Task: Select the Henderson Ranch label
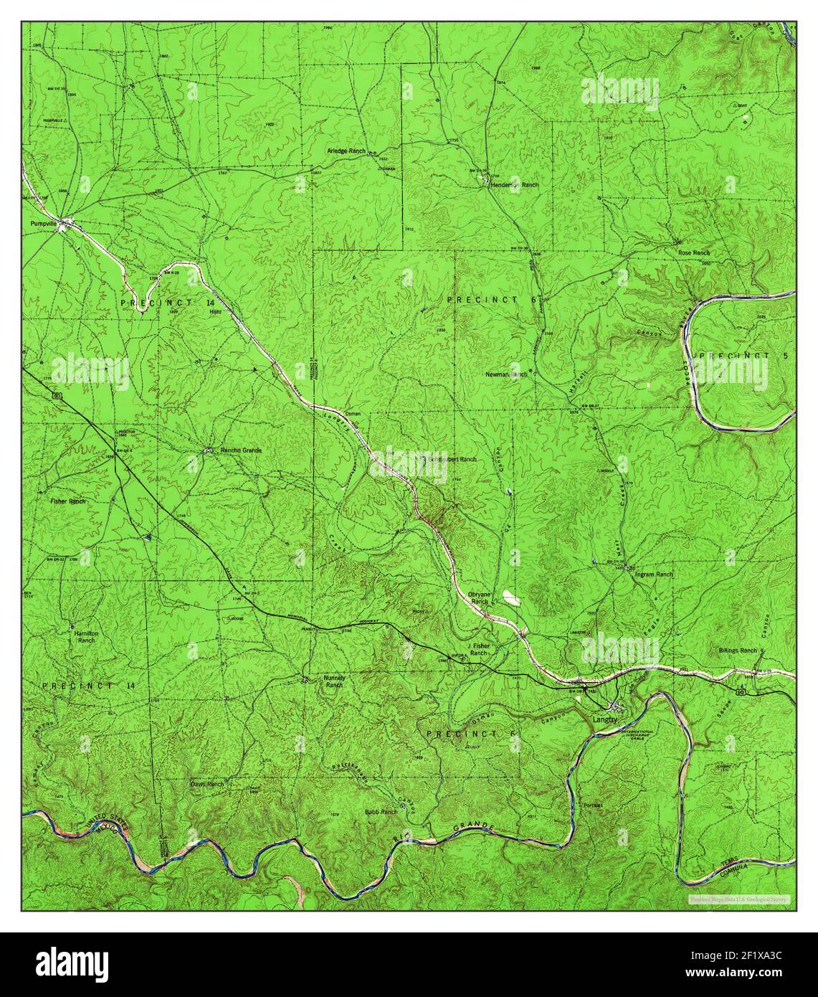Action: point(514,185)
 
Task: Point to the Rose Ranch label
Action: point(694,253)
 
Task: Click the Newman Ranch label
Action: point(506,374)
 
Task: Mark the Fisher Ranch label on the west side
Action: point(68,501)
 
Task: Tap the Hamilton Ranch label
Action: point(85,638)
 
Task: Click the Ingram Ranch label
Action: point(654,575)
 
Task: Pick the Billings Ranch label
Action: point(738,651)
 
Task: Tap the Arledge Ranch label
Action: point(346,151)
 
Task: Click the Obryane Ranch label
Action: point(478,598)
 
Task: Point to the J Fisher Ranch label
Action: point(478,650)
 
